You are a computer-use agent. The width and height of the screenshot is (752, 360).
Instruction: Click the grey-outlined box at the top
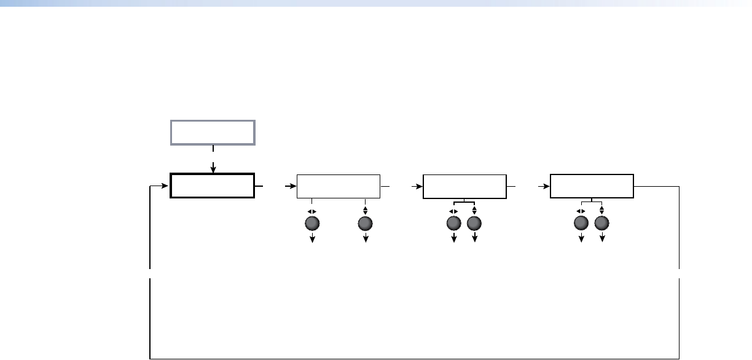(213, 132)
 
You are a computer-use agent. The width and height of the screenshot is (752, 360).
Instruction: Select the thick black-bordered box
(213, 186)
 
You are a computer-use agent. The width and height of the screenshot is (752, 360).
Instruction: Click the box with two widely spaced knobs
(339, 186)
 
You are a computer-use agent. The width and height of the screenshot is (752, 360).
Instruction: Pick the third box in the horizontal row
(465, 186)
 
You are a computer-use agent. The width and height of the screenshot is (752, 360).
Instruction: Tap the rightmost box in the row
(592, 186)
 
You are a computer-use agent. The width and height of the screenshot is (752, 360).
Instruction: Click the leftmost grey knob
(312, 224)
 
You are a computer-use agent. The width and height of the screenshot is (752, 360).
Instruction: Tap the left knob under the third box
(455, 224)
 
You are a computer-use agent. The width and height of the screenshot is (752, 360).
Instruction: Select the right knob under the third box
(474, 224)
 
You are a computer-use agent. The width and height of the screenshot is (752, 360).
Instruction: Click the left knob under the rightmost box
(581, 224)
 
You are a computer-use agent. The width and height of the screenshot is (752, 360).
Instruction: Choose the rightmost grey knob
(601, 224)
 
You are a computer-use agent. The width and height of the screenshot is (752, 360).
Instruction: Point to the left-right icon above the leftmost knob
(312, 211)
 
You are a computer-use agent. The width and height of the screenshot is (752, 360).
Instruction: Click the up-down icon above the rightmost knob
(601, 211)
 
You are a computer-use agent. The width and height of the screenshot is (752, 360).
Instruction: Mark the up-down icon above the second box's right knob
(366, 211)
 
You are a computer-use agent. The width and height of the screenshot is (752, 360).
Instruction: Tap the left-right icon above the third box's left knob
(455, 211)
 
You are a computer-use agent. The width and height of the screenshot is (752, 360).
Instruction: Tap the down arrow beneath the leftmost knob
(312, 240)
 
